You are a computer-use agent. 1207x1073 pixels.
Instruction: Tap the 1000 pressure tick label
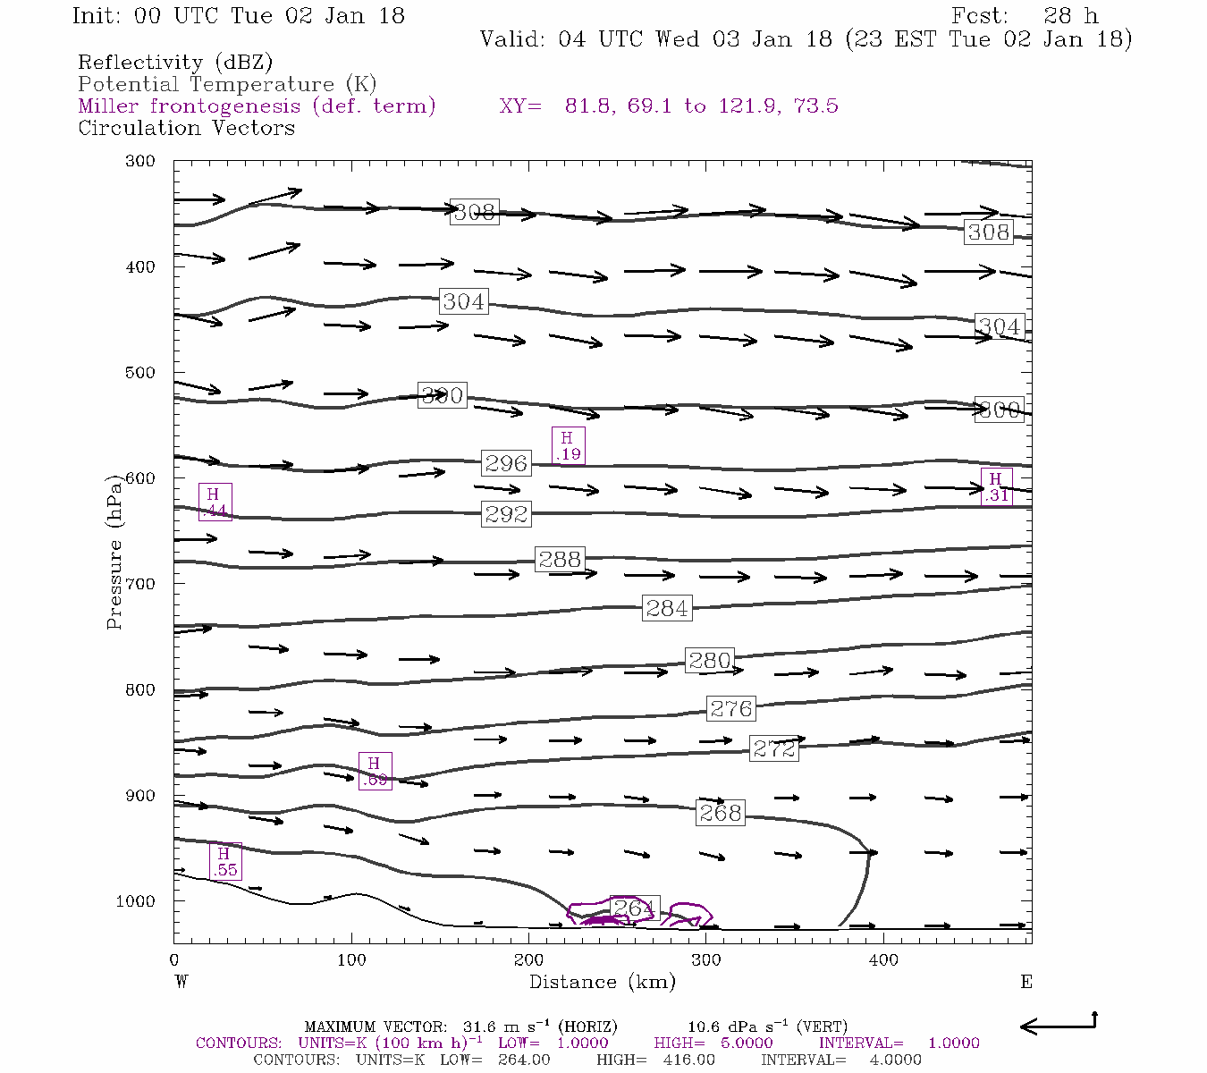135,901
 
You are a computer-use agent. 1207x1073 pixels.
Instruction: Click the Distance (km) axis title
603,982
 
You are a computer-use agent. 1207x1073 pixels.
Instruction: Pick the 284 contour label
667,608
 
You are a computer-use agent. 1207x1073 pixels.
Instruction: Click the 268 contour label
720,813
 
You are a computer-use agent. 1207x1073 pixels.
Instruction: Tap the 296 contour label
506,463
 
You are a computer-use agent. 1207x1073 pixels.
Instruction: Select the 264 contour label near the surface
634,908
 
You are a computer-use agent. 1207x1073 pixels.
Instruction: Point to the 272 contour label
773,748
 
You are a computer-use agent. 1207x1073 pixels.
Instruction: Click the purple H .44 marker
215,503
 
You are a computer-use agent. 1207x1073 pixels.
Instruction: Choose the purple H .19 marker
568,445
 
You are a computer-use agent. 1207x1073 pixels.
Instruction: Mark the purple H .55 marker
224,862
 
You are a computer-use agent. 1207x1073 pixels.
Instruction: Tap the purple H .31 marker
996,486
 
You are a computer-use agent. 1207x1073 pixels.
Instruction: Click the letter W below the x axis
181,982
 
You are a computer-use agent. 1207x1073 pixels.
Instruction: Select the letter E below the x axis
1026,982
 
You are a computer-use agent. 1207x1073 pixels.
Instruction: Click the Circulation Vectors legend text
186,128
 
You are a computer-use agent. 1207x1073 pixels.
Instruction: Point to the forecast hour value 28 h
1070,16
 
